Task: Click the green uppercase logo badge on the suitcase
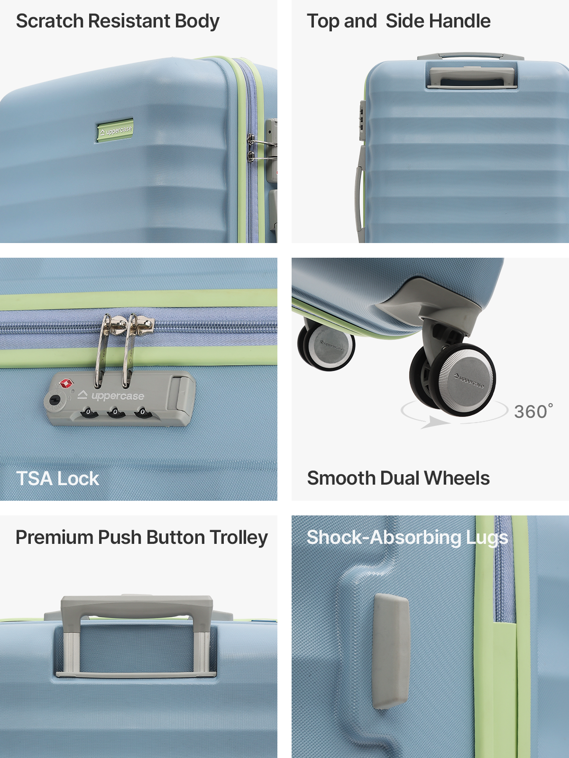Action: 115,131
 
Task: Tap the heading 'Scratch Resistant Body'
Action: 118,21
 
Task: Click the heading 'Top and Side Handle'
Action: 399,21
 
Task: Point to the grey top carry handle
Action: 472,78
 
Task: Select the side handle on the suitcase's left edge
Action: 360,193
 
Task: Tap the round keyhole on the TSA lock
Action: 54,401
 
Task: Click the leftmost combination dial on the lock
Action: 88,412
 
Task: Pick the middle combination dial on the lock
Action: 115,412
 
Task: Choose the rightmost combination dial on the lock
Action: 142,412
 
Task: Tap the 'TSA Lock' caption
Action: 58,478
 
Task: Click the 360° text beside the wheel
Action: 533,412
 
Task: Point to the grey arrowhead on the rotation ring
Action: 436,422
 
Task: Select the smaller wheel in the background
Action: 326,347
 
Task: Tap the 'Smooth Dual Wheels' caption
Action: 398,478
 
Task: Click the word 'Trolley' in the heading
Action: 239,538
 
